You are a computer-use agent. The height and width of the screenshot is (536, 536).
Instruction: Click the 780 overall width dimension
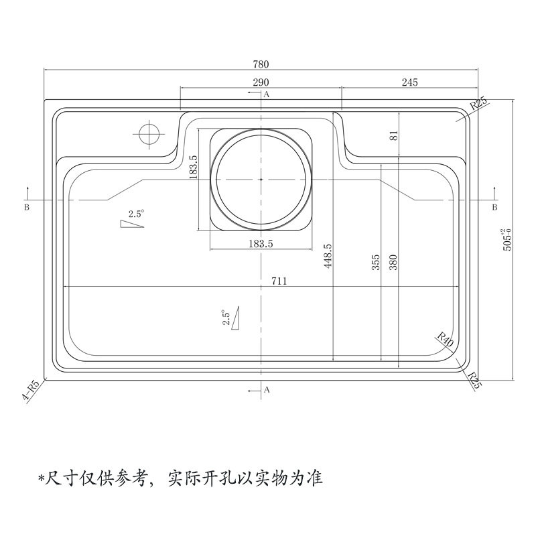[261, 64]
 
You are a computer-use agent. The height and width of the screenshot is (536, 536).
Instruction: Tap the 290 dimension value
[261, 82]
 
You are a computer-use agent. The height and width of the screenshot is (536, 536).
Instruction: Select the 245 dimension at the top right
[409, 82]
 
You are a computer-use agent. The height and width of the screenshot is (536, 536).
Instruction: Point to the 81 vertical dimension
[394, 135]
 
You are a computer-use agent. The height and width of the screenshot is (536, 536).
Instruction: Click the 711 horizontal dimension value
[279, 281]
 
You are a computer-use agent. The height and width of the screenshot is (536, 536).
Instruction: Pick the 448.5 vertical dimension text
[328, 256]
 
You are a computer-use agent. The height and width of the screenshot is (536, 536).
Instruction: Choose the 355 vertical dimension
[376, 262]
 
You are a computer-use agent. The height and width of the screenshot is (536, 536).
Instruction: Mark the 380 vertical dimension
[393, 262]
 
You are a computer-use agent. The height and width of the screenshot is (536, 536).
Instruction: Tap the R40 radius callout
[446, 339]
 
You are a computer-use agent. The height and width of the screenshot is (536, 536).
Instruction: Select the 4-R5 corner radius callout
[31, 391]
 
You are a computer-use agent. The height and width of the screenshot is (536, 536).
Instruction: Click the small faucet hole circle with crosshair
[149, 134]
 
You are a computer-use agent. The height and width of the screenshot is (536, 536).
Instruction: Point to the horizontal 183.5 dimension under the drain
[261, 244]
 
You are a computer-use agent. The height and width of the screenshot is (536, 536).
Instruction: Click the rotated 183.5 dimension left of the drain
[193, 167]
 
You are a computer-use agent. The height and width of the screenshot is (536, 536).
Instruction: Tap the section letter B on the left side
[27, 207]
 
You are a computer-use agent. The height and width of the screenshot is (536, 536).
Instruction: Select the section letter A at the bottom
[267, 390]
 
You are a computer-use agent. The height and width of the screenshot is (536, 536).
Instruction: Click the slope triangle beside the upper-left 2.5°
[132, 224]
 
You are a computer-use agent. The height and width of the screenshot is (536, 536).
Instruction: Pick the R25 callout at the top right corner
[479, 104]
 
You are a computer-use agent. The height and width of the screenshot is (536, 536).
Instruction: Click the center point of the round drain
[261, 180]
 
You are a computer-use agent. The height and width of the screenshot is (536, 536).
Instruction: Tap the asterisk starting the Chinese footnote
[42, 478]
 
